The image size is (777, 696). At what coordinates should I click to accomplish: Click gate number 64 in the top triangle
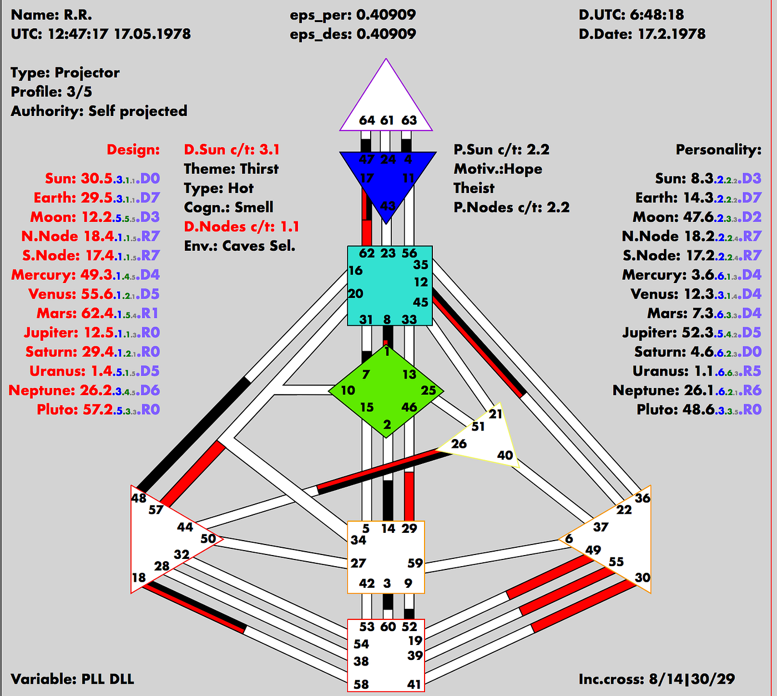367,120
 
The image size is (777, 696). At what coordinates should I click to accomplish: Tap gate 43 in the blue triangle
387,205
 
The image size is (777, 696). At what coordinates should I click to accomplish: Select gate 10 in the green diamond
348,390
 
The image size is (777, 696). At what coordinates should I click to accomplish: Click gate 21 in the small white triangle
496,413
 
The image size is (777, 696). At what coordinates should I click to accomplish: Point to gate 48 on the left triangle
139,498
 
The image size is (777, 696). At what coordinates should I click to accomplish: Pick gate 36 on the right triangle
642,498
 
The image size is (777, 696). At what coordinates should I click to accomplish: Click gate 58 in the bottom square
361,684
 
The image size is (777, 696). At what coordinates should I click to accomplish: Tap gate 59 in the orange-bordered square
415,563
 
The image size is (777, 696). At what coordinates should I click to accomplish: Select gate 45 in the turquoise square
421,302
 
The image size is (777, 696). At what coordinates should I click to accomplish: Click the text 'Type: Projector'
65,73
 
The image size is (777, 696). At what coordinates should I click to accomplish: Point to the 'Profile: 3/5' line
51,92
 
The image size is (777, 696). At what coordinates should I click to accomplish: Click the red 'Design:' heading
133,150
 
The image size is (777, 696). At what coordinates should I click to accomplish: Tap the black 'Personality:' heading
718,150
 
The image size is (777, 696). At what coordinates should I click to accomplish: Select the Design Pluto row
98,410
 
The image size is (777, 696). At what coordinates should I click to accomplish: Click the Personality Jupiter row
692,332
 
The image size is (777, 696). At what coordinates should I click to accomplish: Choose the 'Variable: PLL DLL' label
72,679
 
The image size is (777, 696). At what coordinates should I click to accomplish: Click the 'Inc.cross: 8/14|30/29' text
657,679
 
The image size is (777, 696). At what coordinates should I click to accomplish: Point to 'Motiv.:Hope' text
498,169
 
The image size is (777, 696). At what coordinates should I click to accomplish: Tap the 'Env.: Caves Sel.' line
239,246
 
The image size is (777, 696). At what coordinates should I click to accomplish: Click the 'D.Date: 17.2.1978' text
642,34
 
